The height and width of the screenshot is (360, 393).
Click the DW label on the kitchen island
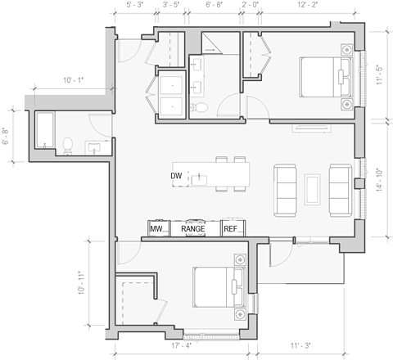click(176, 176)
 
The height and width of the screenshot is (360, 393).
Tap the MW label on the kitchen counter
click(156, 229)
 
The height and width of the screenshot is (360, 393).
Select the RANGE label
click(192, 229)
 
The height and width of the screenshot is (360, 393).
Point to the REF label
click(231, 229)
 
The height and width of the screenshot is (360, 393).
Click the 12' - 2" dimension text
click(308, 6)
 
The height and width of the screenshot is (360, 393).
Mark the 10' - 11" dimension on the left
click(81, 283)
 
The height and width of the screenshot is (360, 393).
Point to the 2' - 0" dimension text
click(252, 6)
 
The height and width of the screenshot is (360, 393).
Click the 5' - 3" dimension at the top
click(134, 6)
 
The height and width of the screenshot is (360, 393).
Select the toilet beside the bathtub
click(68, 145)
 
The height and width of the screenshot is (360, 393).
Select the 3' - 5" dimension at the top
click(171, 6)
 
